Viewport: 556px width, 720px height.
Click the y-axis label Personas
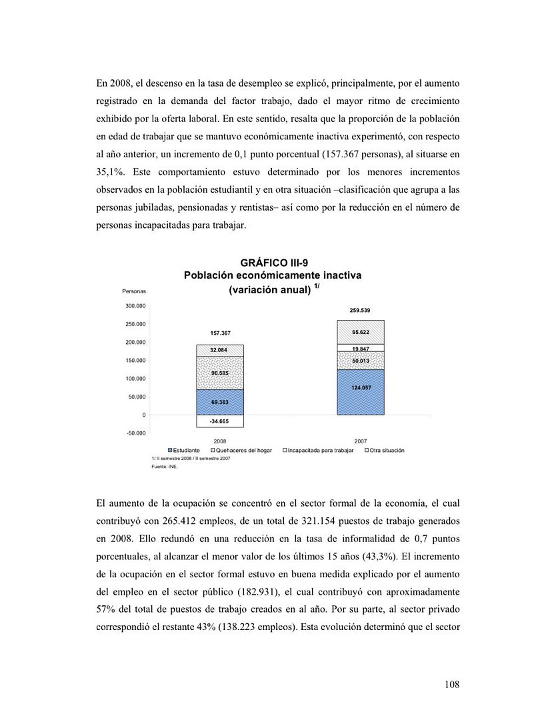tap(134, 291)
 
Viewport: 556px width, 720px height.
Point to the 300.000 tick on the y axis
tap(135, 306)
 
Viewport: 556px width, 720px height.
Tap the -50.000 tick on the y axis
tap(135, 433)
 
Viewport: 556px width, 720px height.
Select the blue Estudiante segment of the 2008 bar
tap(219, 402)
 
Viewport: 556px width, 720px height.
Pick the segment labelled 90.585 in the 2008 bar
tap(219, 373)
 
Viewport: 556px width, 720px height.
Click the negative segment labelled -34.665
tap(219, 421)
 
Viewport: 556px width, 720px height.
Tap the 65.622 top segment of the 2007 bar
tap(361, 332)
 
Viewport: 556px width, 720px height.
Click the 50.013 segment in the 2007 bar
tap(361, 361)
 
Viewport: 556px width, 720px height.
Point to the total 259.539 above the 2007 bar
tap(361, 311)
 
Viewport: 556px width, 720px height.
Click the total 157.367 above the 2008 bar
tap(220, 333)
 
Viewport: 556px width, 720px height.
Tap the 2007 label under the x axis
tap(361, 441)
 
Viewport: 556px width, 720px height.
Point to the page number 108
tap(451, 684)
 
